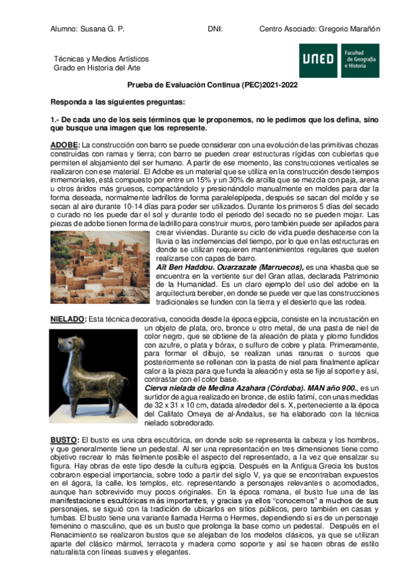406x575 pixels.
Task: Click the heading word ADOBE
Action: (x=65, y=145)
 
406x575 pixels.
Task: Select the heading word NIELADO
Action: (x=68, y=319)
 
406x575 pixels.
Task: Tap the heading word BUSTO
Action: (x=64, y=421)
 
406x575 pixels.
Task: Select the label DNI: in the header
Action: (x=215, y=30)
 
